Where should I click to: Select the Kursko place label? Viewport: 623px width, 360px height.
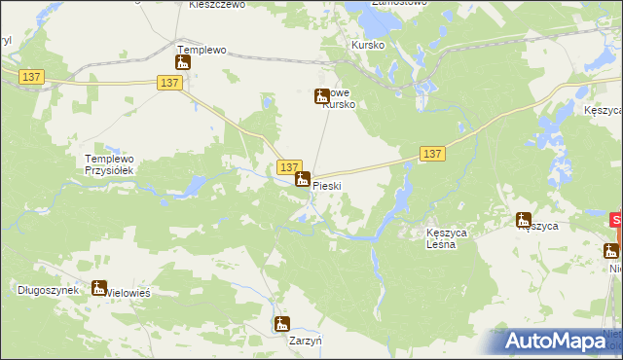368,46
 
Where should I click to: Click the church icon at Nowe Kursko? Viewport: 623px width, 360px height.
321,95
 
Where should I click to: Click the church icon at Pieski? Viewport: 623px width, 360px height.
303,179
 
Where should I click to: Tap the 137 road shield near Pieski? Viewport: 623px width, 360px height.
288,167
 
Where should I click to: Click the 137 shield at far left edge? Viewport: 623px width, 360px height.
32,77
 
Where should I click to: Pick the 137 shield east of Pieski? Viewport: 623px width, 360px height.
433,154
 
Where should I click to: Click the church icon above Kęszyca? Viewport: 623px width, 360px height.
524,220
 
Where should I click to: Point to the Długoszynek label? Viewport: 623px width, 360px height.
48,290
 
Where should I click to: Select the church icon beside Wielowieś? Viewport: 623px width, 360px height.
98,287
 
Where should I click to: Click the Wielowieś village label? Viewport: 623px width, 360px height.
125,290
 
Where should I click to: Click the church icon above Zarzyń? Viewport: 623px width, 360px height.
282,324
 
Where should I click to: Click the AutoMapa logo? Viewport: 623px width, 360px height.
556,341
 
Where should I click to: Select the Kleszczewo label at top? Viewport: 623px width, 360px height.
216,5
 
